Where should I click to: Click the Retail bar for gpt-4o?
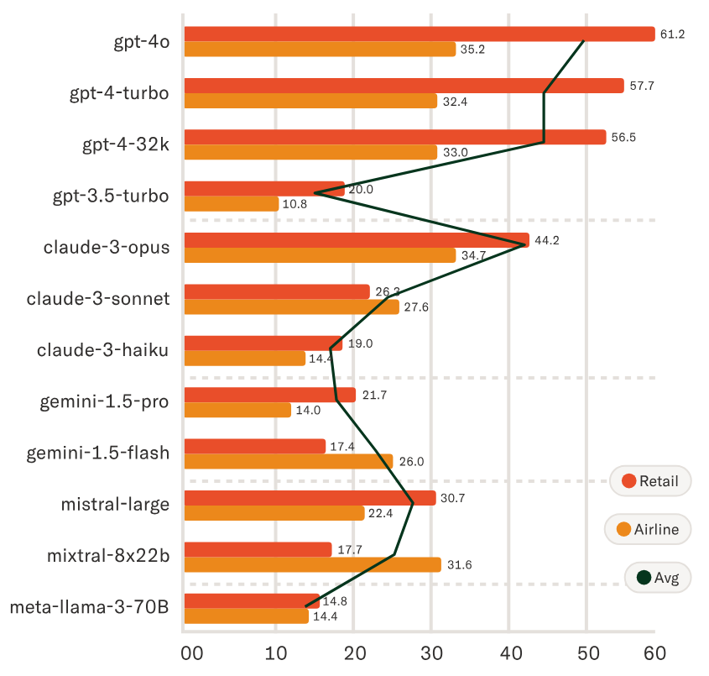click(x=419, y=34)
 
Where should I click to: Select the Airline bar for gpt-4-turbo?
click(x=310, y=101)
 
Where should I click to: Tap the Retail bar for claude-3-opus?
click(x=357, y=240)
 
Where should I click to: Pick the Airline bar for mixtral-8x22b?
click(x=312, y=565)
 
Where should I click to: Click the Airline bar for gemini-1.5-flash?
click(x=288, y=462)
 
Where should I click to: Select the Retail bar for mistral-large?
click(x=310, y=498)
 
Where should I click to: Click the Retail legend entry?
click(x=650, y=481)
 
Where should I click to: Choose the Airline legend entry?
click(x=648, y=530)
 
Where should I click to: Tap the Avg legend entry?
click(x=658, y=578)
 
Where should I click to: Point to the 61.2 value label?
click(x=673, y=34)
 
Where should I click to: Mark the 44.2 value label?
click(x=546, y=240)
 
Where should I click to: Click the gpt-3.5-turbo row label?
click(x=111, y=196)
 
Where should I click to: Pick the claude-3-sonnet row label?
click(x=98, y=299)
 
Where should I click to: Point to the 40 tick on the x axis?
click(x=508, y=653)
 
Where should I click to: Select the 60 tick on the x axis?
click(x=654, y=653)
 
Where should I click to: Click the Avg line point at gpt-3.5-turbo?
click(x=315, y=193)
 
